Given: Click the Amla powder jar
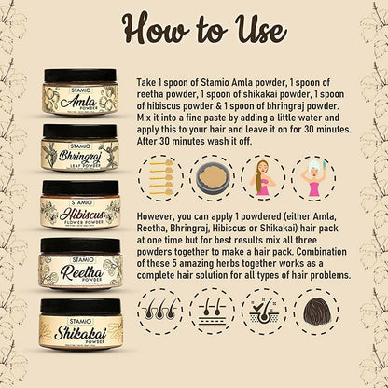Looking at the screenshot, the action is tap(80, 92).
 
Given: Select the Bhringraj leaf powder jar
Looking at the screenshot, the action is tap(80, 148).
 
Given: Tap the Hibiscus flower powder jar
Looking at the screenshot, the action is tap(80, 205).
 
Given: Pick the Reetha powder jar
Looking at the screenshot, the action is tap(80, 264).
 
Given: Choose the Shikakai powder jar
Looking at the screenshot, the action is tap(80, 324).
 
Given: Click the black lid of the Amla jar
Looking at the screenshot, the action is tap(80, 76).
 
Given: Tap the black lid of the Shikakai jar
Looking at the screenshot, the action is tap(80, 307).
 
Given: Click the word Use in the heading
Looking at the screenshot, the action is tap(260, 30).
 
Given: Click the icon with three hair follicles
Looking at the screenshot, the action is tap(160, 312).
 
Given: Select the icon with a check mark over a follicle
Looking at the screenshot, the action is tap(264, 312).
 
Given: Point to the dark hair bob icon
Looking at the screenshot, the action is tap(316, 312).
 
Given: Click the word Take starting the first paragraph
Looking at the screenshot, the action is tap(147, 83).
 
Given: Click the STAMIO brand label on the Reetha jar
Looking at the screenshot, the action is tap(80, 260).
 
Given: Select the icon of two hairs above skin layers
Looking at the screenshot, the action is tap(213, 312).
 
